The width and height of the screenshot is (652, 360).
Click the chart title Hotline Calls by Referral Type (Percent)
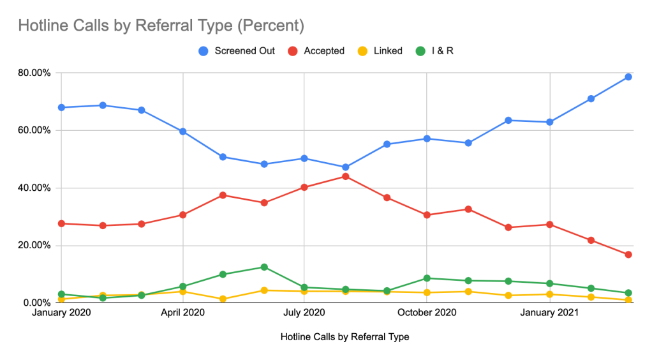[x=161, y=26]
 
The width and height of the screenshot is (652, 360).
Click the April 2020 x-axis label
[x=182, y=313]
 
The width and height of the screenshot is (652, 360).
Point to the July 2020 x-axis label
[x=304, y=313]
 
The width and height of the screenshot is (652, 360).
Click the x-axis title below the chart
[x=345, y=336]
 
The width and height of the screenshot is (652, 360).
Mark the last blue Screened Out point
[x=628, y=77]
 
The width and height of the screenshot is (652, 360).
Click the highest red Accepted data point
[x=345, y=176]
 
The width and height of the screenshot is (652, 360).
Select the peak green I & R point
[x=264, y=267]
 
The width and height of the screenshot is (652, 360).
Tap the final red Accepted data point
[x=628, y=255]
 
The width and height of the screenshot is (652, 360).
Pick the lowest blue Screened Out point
[x=345, y=167]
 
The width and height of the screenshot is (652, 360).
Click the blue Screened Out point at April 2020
[x=183, y=131]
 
